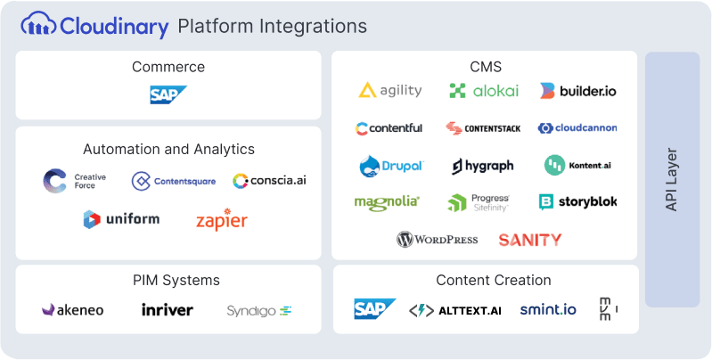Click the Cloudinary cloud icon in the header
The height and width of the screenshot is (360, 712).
tap(38, 25)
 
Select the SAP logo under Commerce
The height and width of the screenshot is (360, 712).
tap(168, 95)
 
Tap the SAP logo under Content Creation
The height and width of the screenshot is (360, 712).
tap(374, 309)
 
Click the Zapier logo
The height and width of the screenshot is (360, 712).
tap(222, 219)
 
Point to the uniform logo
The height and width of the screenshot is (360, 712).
tap(121, 219)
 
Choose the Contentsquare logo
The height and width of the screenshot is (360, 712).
tap(174, 181)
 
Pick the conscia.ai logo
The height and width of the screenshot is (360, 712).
tap(270, 181)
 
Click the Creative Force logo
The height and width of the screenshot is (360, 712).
tap(75, 181)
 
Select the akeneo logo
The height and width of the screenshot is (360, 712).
tap(73, 310)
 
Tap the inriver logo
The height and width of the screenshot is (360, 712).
tap(168, 310)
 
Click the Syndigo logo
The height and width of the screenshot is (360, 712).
tap(259, 310)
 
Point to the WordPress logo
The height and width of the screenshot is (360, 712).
tap(438, 239)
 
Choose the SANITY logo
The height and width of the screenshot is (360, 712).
tap(530, 239)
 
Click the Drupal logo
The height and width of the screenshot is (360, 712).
tap(389, 166)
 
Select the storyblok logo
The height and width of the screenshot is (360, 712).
tap(577, 202)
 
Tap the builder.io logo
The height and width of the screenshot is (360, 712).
tap(577, 90)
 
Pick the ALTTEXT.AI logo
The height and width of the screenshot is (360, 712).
tap(454, 310)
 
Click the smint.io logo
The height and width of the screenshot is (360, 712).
tap(548, 310)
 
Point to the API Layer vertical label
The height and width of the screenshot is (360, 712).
tap(672, 179)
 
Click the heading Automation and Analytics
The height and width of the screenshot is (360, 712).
tap(168, 149)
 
